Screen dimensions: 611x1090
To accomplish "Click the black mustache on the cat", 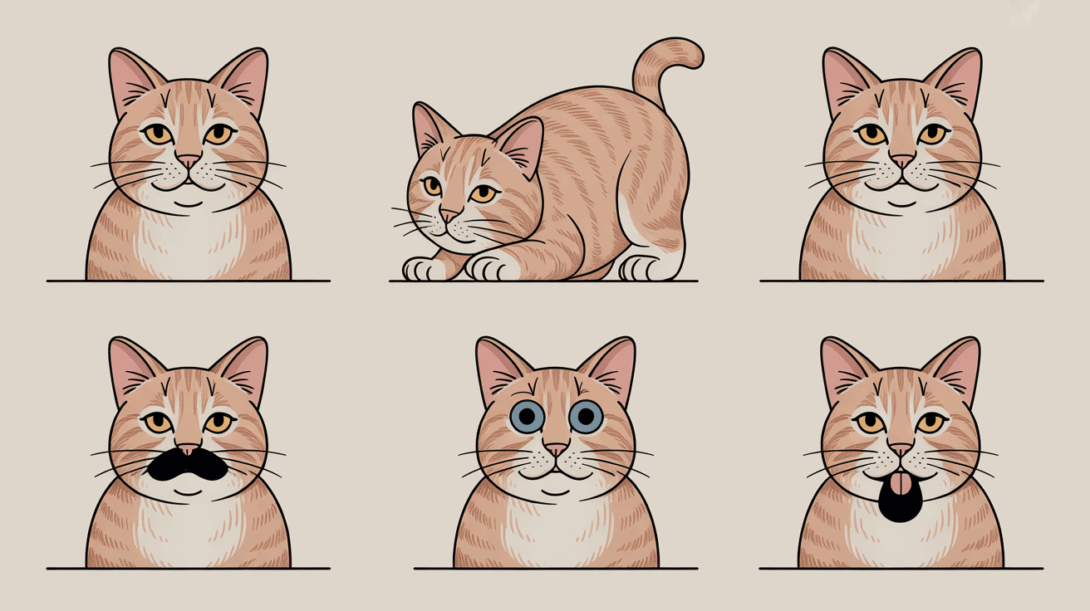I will pyautogui.click(x=188, y=465).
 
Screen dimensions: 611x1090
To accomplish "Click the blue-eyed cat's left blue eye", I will pyautogui.click(x=527, y=416).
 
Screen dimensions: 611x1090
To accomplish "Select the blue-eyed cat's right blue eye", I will pyautogui.click(x=586, y=416).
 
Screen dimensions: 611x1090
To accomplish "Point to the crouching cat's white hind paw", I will pyautogui.click(x=640, y=267).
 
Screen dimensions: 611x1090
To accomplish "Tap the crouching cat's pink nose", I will pyautogui.click(x=449, y=216).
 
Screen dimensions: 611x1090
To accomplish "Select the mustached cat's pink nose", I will pyautogui.click(x=188, y=449).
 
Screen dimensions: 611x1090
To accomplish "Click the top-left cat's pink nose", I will pyautogui.click(x=188, y=160).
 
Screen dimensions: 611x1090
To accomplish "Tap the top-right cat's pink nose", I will pyautogui.click(x=902, y=160).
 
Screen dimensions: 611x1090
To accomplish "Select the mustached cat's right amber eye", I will pyautogui.click(x=218, y=423).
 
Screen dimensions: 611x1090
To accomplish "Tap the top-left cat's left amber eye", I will pyautogui.click(x=158, y=134).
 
